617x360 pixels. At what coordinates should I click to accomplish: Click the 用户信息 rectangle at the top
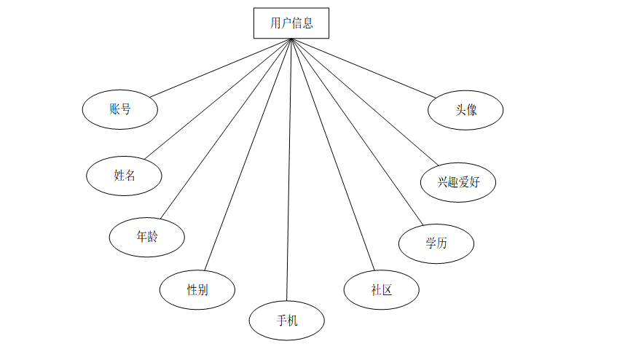point(291,23)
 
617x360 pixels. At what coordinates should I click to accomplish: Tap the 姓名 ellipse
point(124,175)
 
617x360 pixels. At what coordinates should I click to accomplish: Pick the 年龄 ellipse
point(146,237)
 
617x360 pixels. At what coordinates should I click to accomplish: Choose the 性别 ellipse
point(197,289)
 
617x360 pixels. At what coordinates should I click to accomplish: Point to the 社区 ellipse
point(382,289)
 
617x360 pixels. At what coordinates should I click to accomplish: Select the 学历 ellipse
point(436,243)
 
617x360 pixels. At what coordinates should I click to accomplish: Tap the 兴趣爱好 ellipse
point(458,182)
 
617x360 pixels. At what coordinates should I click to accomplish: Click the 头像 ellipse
point(466,110)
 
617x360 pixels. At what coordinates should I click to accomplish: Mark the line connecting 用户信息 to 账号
point(220,68)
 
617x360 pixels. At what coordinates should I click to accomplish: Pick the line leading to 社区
point(331,154)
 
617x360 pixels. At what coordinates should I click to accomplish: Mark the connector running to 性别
point(248,154)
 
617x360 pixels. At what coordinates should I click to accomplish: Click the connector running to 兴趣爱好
point(364,102)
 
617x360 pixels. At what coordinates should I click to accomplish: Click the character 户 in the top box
point(286,23)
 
